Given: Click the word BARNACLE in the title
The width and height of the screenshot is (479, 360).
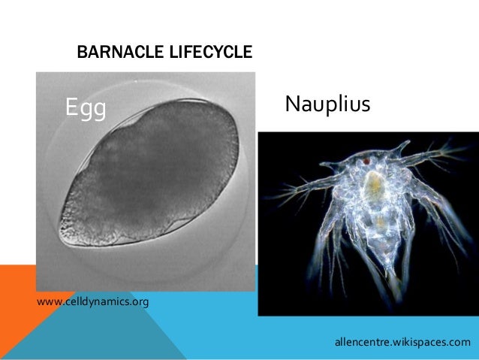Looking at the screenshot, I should coord(114,53).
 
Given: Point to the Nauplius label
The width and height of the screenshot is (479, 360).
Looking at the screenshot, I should coord(327,104).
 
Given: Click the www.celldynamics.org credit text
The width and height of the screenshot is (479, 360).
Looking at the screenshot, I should coord(92,302).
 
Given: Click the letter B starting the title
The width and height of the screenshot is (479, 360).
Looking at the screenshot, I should coord(82,53).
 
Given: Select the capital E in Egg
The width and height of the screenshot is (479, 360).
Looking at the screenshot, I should coord(73,108).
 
